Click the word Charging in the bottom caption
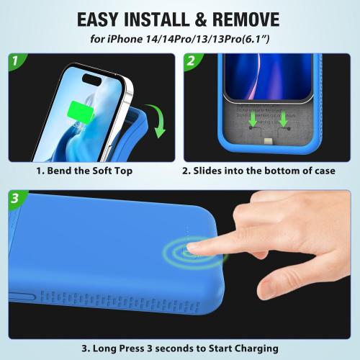[x=253, y=348]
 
